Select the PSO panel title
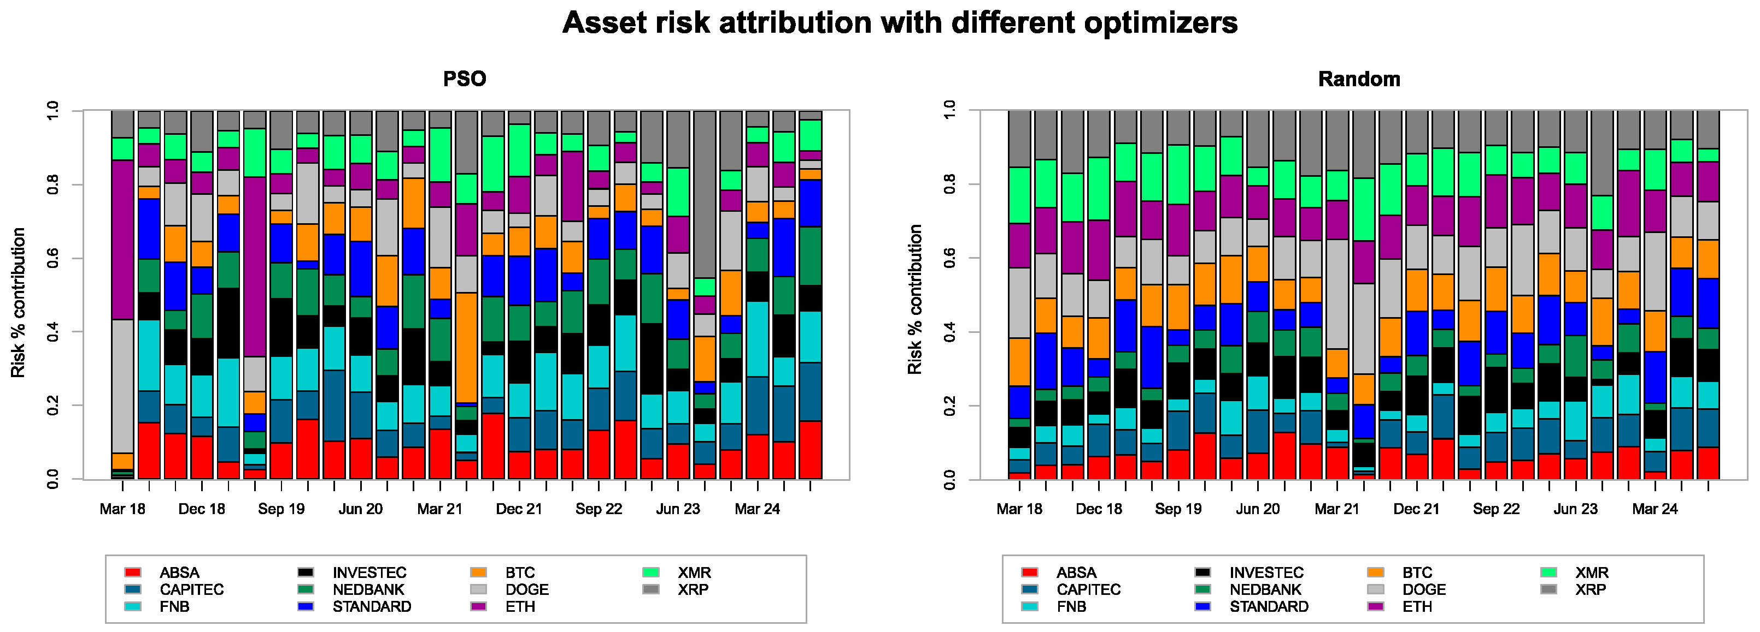tap(464, 79)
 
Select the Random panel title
tap(1358, 79)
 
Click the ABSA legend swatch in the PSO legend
tap(133, 572)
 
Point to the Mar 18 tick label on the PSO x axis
tap(122, 509)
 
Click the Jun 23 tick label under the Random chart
tap(1575, 509)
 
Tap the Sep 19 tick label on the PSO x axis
tap(281, 509)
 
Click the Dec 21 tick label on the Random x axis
tap(1416, 509)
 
